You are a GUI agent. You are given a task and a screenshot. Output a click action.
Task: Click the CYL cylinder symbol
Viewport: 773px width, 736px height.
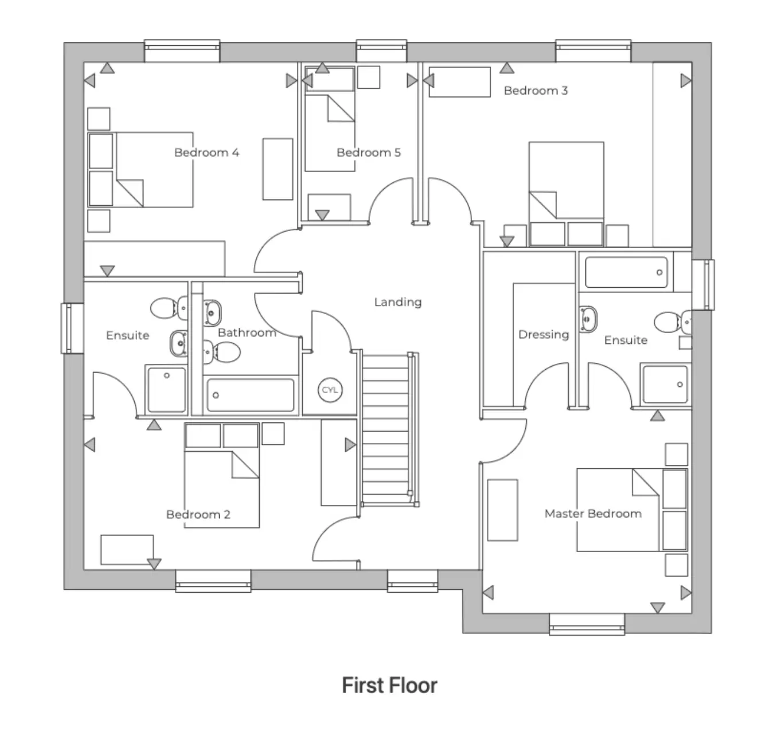[x=330, y=390]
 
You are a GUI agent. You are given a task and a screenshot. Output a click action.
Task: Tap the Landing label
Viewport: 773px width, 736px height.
[x=397, y=302]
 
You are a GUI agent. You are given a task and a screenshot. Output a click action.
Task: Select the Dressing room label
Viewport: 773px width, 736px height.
[x=543, y=334]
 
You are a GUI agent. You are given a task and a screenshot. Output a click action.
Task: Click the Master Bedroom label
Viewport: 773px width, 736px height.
[x=592, y=514]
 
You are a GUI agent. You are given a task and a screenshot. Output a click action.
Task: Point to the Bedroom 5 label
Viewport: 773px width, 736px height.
[x=368, y=152]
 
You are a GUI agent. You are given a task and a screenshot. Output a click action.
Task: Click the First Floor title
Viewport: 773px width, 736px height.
[x=389, y=685]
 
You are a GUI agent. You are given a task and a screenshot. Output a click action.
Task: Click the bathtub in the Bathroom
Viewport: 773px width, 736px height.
[x=250, y=394]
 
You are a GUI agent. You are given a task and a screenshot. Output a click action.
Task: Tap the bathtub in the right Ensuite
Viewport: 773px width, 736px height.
[x=626, y=273]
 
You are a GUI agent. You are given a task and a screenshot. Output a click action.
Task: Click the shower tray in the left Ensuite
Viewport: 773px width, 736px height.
[x=166, y=389]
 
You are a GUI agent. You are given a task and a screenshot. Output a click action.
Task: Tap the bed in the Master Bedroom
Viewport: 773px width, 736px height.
[x=619, y=510]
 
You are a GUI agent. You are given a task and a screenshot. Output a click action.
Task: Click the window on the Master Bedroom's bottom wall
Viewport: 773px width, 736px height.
[x=586, y=623]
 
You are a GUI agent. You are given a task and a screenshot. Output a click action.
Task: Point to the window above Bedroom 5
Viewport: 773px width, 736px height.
[x=381, y=50]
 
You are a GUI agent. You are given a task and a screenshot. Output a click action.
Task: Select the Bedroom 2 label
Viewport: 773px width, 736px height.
[x=198, y=514]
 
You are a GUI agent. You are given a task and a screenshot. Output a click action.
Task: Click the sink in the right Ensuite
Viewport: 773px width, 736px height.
[x=588, y=319]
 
